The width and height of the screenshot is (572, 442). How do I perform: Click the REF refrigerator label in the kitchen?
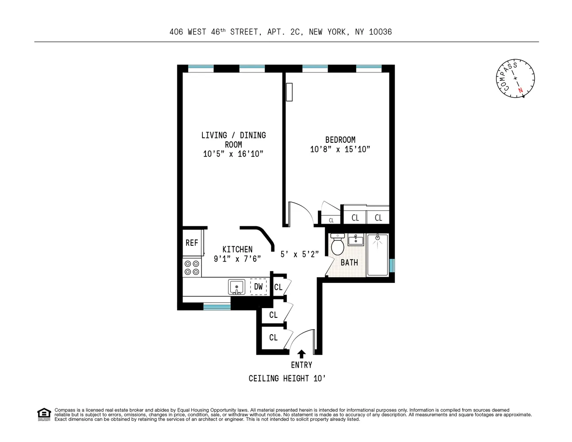click(x=192, y=243)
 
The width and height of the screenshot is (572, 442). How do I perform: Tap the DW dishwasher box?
click(x=259, y=286)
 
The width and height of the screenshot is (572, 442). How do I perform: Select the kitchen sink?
click(x=237, y=287)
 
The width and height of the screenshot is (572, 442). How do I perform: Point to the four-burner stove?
click(x=192, y=267)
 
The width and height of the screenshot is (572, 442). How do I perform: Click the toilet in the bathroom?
click(x=337, y=245)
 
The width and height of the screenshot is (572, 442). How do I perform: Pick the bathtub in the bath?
click(x=378, y=255)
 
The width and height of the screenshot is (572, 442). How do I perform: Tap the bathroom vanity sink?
click(x=355, y=240)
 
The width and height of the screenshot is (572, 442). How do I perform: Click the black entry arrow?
click(x=301, y=354)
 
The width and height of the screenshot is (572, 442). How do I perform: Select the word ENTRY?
click(x=301, y=365)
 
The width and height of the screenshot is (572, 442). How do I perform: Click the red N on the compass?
click(x=520, y=90)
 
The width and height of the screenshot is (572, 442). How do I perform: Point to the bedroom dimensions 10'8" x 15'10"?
click(x=340, y=149)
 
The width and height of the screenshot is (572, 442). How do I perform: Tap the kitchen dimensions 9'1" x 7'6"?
click(x=237, y=259)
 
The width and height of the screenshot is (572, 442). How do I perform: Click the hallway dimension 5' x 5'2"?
click(x=300, y=255)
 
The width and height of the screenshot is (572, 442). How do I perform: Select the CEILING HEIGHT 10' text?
click(x=287, y=378)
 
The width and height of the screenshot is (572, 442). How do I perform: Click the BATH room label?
click(x=349, y=263)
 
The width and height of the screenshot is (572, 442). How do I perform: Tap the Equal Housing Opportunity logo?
click(x=44, y=414)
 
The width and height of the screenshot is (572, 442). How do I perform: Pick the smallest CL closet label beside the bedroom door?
click(x=331, y=220)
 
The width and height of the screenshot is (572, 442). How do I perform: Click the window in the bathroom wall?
click(x=392, y=265)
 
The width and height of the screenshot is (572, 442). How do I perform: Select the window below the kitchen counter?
click(x=217, y=306)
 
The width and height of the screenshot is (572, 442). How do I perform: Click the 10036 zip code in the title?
click(x=380, y=32)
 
